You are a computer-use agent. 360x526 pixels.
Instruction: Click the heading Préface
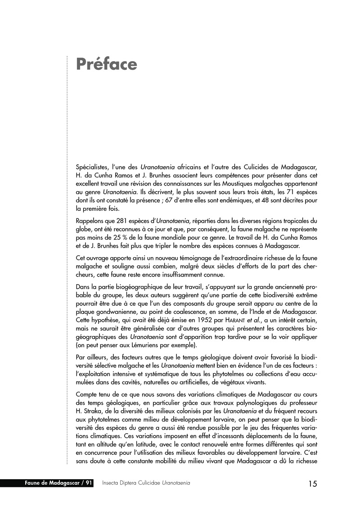pyautogui.click(x=106, y=64)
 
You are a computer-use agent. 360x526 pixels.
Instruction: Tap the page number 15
pyautogui.click(x=313, y=484)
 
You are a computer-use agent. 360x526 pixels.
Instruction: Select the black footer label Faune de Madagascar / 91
pyautogui.click(x=59, y=483)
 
